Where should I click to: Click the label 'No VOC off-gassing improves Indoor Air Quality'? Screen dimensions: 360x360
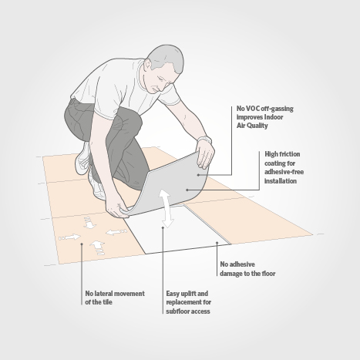[265, 117]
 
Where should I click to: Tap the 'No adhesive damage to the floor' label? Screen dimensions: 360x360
[247, 269]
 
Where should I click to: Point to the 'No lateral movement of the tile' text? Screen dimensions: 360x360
[115, 298]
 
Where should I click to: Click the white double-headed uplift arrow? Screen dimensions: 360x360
[166, 209]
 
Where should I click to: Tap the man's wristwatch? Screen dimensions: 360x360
[205, 140]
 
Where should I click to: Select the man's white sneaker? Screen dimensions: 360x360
[83, 159]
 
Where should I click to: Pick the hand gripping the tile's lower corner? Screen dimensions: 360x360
[117, 206]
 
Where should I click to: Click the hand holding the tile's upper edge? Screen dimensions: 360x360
[205, 156]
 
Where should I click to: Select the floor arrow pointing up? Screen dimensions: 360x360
[98, 247]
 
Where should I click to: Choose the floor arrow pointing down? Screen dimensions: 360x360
[89, 223]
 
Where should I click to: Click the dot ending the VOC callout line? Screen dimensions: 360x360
[198, 175]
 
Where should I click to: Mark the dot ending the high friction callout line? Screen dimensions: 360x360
[187, 190]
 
